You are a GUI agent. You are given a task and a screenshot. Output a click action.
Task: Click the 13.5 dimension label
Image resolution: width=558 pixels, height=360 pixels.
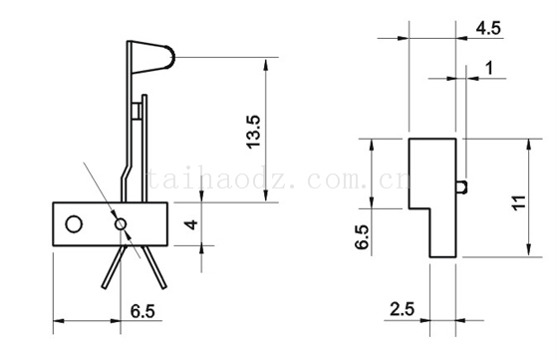[254, 132]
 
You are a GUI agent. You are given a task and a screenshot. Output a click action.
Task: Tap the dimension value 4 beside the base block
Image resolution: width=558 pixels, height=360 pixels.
[191, 224]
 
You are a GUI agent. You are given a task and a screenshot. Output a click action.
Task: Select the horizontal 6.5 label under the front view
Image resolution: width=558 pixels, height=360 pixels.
[142, 311]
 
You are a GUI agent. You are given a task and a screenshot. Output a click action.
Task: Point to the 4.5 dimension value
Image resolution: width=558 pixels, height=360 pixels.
[488, 29]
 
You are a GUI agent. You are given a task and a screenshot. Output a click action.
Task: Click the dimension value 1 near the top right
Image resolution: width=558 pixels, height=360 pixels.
[489, 68]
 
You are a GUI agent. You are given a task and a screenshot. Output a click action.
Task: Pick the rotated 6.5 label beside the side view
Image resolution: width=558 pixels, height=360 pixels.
[363, 236]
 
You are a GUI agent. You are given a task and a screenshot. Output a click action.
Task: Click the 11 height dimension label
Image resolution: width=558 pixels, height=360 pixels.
[519, 202]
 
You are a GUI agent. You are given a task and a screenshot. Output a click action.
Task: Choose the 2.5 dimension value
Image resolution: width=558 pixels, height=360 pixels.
[403, 309]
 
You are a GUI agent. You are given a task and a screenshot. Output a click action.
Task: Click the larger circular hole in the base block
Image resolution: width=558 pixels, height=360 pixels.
[74, 224]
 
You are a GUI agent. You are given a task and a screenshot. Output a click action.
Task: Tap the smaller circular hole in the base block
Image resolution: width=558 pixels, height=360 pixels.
[121, 224]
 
